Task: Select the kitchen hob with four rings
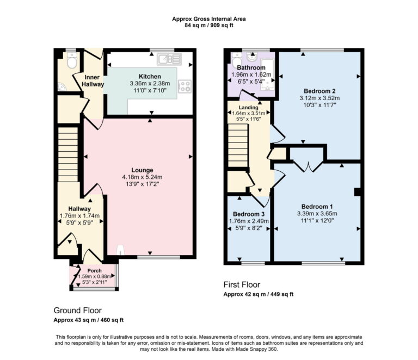pos(185,85)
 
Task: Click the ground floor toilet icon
pos(71,61)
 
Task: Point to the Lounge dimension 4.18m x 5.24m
pos(138,177)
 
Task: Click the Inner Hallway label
pos(93,80)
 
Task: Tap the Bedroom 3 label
pos(247,214)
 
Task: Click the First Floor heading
pos(242,284)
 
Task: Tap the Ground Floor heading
pos(77,310)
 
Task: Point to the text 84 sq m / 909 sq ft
pos(208,26)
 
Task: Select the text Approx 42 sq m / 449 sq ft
pos(259,294)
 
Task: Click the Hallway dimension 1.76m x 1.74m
pos(79,215)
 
